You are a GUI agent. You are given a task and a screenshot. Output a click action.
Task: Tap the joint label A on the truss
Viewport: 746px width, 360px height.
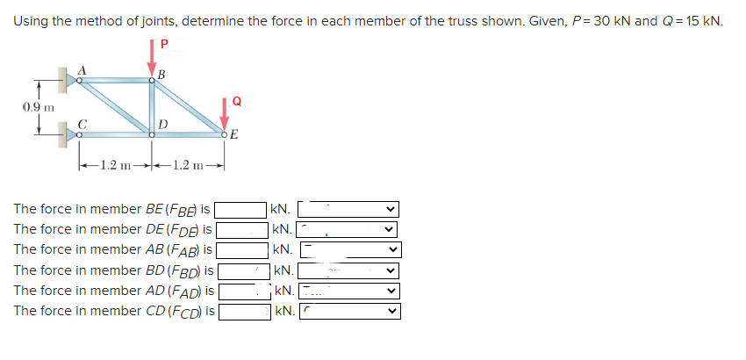(83, 69)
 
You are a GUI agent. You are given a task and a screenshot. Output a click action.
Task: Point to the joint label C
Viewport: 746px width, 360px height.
(82, 124)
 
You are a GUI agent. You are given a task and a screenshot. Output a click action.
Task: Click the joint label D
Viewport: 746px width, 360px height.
(163, 124)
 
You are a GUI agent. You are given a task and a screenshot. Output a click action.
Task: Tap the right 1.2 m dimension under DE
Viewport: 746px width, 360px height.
(190, 164)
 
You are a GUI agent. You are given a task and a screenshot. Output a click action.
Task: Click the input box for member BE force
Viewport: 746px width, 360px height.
(241, 210)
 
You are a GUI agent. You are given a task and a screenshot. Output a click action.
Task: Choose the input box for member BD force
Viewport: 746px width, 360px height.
(242, 270)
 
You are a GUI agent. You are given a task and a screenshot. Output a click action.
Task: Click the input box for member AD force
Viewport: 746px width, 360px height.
(243, 290)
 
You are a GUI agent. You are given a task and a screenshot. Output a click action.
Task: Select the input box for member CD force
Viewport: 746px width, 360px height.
(243, 310)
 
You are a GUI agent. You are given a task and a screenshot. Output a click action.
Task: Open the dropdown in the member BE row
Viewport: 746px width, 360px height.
(348, 210)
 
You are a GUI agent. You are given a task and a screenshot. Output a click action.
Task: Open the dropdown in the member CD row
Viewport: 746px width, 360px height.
(348, 310)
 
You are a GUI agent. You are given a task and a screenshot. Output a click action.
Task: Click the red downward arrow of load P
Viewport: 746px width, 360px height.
(151, 63)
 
